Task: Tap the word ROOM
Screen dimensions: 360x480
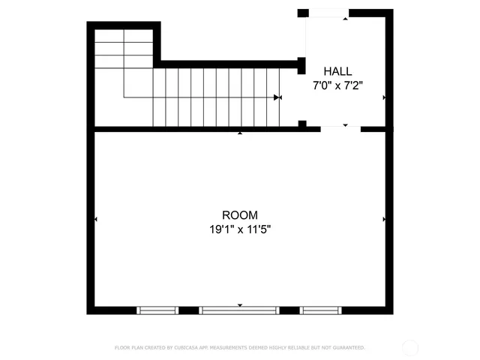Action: [x=239, y=215]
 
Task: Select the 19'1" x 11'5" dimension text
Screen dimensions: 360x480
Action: [x=239, y=230]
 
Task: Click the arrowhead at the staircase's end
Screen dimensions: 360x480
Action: [x=277, y=97]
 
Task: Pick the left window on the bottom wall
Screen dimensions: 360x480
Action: [x=157, y=309]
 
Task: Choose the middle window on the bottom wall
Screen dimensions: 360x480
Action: [x=239, y=309]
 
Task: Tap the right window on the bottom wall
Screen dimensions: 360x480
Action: [x=320, y=309]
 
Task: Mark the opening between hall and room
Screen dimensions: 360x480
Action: [x=340, y=128]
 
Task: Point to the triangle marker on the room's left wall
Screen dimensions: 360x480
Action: [x=97, y=219]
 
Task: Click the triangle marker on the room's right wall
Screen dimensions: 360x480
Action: [x=384, y=219]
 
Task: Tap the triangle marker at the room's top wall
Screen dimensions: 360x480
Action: [x=240, y=133]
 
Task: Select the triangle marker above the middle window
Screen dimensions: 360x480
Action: [x=240, y=304]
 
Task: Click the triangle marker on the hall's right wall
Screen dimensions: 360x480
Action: [x=384, y=97]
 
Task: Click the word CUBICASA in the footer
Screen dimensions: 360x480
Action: [x=190, y=348]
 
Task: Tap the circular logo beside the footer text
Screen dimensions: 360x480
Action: [x=410, y=347]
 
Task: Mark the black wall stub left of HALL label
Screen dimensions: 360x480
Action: [x=301, y=65]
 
